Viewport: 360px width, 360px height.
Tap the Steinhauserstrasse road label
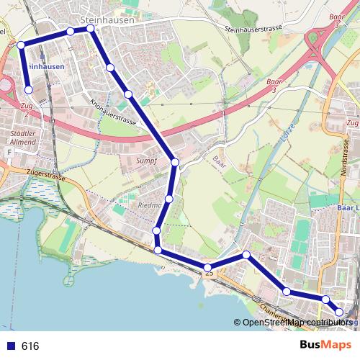(253, 29)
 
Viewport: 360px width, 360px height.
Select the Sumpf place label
(148, 160)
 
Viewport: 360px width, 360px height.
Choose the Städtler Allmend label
(24, 138)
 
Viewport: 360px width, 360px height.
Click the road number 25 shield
(209, 272)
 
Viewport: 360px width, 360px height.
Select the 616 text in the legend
(30, 346)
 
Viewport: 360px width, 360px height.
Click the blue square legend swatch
(10, 346)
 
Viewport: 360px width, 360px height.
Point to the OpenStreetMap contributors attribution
(296, 323)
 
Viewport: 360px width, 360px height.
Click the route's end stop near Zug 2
(29, 90)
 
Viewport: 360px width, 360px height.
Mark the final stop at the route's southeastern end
(341, 312)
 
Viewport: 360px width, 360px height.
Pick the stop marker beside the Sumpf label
(175, 163)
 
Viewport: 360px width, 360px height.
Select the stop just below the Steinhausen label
(91, 29)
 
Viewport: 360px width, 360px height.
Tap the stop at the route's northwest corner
(21, 45)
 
